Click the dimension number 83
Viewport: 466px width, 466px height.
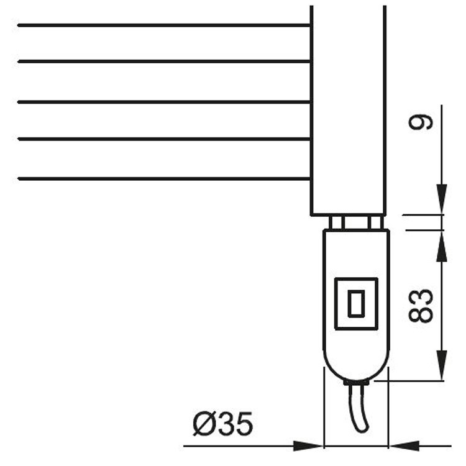[421, 305]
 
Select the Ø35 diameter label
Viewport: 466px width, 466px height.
[222, 425]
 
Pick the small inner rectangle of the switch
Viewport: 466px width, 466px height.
[356, 303]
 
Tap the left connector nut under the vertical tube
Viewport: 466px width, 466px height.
[336, 222]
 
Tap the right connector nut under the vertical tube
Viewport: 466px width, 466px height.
[375, 222]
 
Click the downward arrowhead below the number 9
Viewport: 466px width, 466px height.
[441, 202]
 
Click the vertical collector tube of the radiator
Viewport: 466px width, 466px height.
[348, 112]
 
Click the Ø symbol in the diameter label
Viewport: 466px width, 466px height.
[203, 425]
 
